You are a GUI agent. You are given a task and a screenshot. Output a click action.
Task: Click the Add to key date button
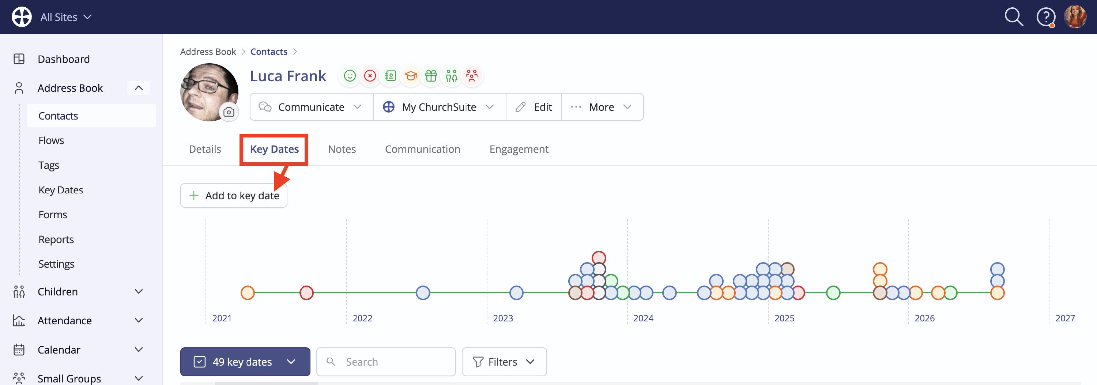click(x=233, y=196)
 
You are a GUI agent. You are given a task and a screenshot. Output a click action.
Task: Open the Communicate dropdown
click(x=311, y=107)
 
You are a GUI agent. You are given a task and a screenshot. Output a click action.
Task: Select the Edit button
click(x=533, y=107)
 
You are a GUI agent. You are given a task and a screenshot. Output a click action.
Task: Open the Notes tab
click(x=342, y=149)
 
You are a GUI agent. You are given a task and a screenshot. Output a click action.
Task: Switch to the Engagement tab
click(x=519, y=149)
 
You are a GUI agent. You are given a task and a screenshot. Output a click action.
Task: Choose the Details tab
click(x=205, y=149)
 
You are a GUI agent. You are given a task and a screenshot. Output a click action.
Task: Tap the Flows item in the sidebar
click(x=51, y=140)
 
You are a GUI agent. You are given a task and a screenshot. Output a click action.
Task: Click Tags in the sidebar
click(x=49, y=165)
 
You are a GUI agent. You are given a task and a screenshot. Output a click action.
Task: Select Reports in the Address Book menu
click(x=56, y=239)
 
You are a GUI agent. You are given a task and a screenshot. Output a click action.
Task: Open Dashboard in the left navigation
click(x=64, y=59)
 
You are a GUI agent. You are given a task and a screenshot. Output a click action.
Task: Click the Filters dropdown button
click(x=504, y=362)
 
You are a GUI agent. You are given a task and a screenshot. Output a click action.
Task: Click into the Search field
click(x=386, y=362)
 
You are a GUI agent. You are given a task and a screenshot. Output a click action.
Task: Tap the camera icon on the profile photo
click(x=229, y=112)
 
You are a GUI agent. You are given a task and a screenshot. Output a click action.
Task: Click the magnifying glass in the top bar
click(x=1014, y=17)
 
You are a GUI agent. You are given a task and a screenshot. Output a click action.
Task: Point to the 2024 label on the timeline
click(x=643, y=318)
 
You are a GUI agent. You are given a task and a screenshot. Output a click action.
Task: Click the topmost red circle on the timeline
click(x=599, y=257)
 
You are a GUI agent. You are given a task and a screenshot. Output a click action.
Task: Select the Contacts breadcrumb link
click(x=269, y=52)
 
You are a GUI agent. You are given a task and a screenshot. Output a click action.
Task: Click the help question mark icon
click(x=1045, y=17)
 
